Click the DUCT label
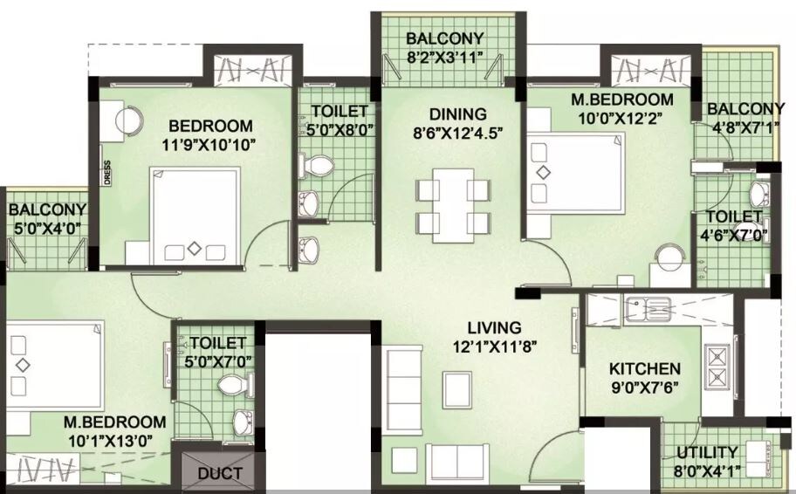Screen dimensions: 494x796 pyautogui.click(x=220, y=475)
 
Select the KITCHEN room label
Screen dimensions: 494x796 pyautogui.click(x=644, y=369)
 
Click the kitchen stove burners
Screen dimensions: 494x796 pyautogui.click(x=717, y=367)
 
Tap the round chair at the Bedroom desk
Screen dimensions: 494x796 pyautogui.click(x=129, y=120)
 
